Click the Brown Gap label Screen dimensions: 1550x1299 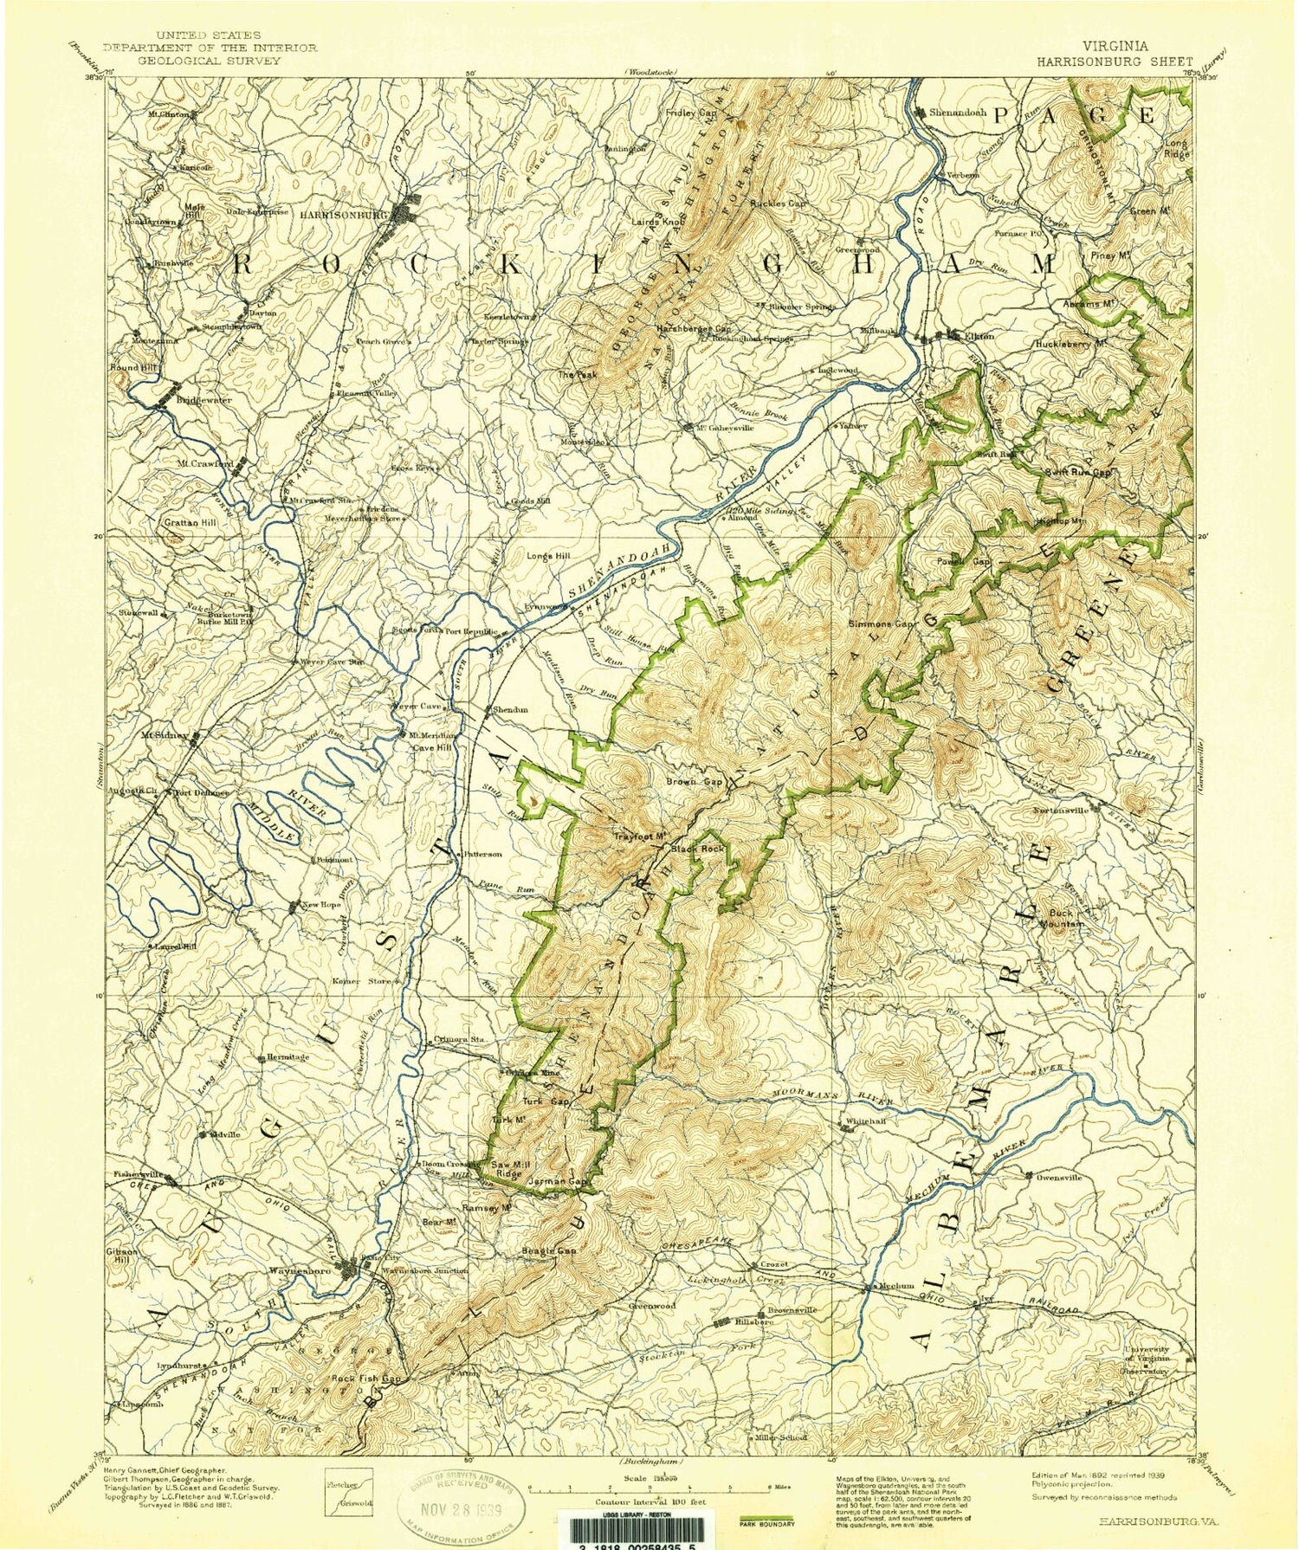tap(694, 781)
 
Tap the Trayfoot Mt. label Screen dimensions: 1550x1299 tap(639, 836)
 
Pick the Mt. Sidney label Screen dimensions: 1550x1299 tap(165, 735)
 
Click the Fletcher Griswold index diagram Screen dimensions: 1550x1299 tap(348, 1493)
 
